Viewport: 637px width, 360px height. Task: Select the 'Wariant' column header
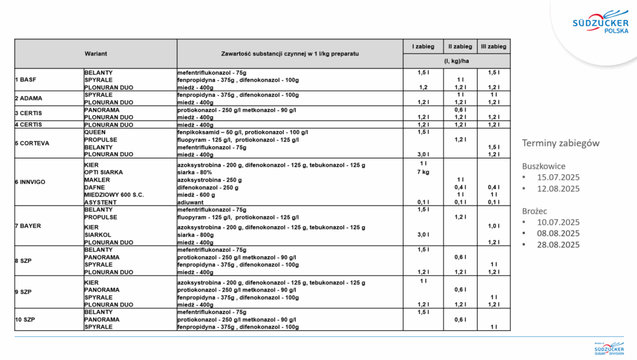click(x=96, y=54)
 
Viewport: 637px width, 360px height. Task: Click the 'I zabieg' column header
click(x=423, y=47)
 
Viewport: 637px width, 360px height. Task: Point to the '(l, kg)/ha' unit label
click(x=456, y=62)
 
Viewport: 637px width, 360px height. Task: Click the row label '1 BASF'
click(x=26, y=80)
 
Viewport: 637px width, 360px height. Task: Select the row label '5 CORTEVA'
click(x=32, y=143)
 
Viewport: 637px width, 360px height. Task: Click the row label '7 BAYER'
click(x=28, y=226)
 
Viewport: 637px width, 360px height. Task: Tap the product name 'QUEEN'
click(x=95, y=132)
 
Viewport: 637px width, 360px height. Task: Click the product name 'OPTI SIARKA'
click(x=104, y=172)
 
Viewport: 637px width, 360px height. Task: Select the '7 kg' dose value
click(x=423, y=172)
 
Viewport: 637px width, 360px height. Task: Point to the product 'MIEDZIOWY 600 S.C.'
click(x=114, y=195)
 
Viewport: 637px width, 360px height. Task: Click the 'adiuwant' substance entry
click(x=192, y=202)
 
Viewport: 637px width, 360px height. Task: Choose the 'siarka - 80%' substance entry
click(x=198, y=172)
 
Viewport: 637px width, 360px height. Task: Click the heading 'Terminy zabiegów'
click(x=560, y=144)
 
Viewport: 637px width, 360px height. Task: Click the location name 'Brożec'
click(x=535, y=211)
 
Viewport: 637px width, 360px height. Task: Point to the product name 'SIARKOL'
click(x=98, y=235)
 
